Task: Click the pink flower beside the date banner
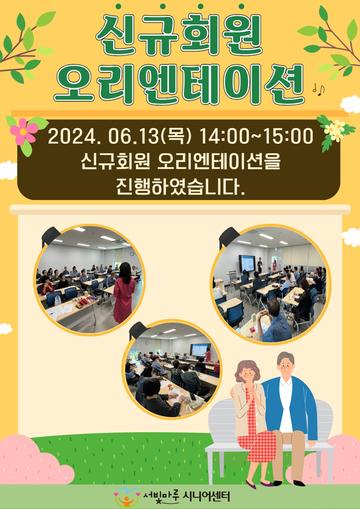click(24, 131)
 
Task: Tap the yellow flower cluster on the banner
click(335, 130)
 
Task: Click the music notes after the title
click(318, 89)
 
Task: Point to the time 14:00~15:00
click(256, 137)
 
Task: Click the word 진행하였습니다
click(180, 187)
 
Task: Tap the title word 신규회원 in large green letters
click(179, 34)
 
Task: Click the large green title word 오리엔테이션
click(179, 83)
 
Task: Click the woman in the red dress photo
click(124, 292)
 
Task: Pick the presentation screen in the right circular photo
click(247, 263)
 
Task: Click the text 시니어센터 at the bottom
click(206, 496)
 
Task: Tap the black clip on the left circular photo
click(51, 235)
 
